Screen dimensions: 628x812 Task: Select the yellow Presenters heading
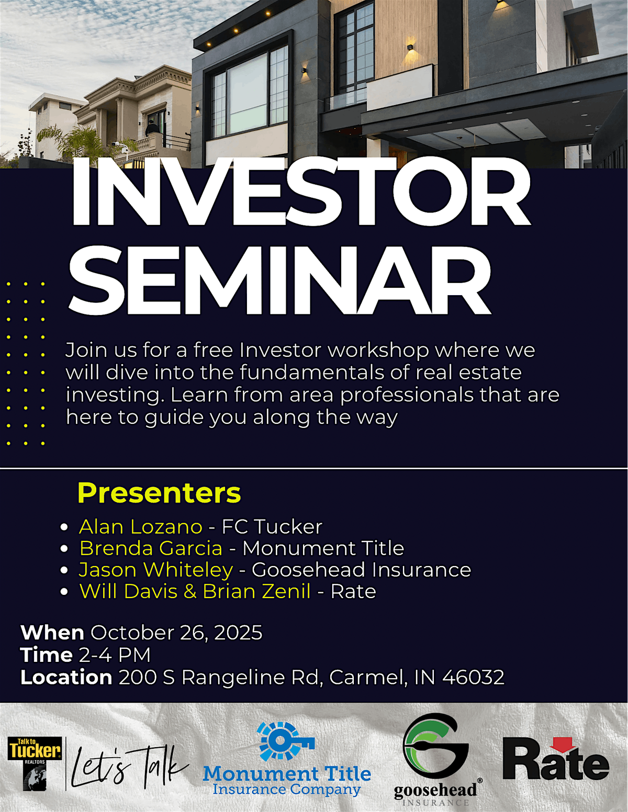[159, 493]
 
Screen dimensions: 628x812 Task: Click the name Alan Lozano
[141, 527]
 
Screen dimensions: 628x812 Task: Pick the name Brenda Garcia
[151, 548]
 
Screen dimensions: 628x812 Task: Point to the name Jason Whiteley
[156, 571]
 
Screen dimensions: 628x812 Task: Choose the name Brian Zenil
[256, 592]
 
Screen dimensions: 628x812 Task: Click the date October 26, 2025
[176, 633]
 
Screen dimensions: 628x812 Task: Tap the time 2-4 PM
[115, 655]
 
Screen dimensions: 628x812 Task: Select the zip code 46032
[473, 677]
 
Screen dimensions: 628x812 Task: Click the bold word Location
[66, 677]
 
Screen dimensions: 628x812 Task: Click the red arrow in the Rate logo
[565, 744]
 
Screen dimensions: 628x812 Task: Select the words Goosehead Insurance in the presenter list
[361, 571]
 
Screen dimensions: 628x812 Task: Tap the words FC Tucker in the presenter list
[272, 527]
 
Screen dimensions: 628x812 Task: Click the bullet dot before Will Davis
[64, 592]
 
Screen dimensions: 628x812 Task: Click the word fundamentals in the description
[311, 373]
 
